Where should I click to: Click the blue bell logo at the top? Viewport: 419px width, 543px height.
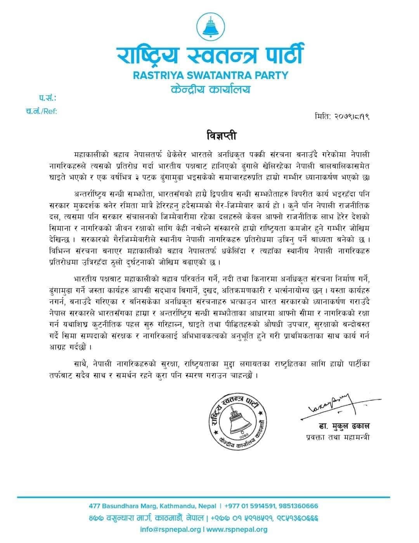pos(211,26)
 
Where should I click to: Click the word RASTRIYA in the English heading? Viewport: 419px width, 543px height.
pos(156,75)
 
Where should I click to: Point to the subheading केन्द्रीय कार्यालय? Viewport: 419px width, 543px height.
pos(211,89)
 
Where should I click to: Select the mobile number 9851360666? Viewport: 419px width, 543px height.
pos(298,506)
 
